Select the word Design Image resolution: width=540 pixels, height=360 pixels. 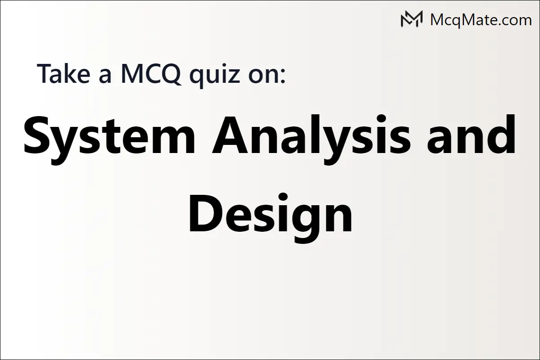[x=270, y=215]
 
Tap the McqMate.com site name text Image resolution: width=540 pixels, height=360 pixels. [x=481, y=19]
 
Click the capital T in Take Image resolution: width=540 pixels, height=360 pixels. [x=45, y=73]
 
